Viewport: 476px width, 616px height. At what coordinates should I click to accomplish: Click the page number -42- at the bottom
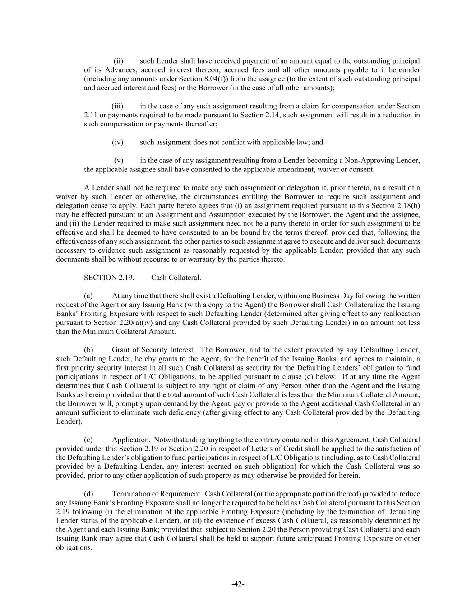point(238,584)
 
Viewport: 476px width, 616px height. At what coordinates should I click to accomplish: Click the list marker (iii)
point(117,106)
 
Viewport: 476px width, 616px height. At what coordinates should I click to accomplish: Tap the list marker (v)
point(118,160)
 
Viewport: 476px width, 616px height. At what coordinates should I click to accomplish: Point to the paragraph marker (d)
point(89,494)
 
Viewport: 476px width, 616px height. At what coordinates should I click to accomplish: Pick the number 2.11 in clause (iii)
point(90,115)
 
